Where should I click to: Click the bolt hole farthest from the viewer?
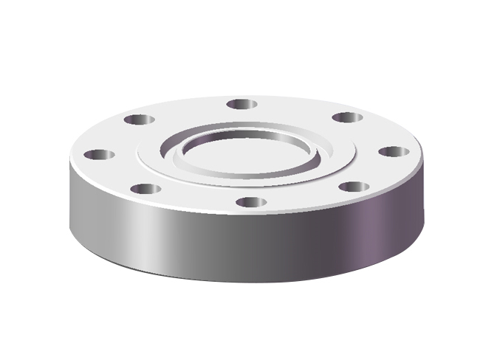pos(241,104)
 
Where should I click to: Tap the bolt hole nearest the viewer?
pos(251,201)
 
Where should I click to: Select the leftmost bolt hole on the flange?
pos(99,155)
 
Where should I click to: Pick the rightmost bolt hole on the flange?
pos(394,152)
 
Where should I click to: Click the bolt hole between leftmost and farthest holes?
pos(139,120)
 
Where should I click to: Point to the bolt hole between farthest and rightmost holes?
pos(345,117)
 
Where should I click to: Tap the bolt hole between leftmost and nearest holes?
pos(145,189)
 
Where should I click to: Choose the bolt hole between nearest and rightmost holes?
pos(354,186)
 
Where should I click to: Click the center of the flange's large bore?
pos(247,153)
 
